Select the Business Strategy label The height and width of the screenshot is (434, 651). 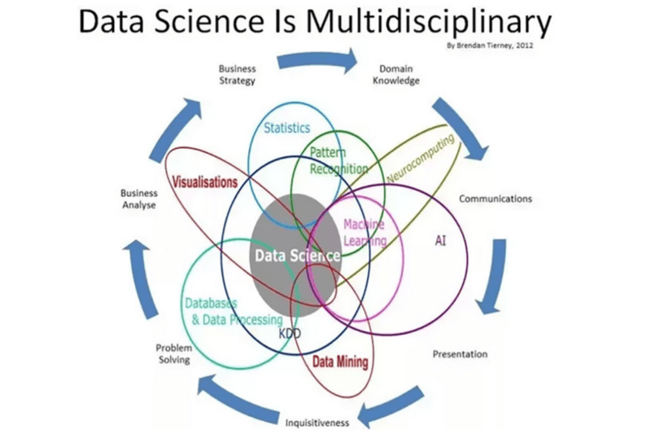click(238, 75)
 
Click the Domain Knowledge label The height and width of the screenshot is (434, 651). click(396, 75)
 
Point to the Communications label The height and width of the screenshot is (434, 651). click(496, 199)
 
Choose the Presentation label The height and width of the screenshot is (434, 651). click(460, 354)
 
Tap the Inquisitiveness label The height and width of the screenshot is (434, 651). click(317, 423)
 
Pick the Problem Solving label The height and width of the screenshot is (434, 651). click(173, 353)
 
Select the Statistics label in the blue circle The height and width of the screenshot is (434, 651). click(287, 128)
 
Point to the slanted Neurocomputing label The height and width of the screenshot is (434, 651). click(420, 160)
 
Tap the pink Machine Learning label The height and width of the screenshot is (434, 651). click(365, 232)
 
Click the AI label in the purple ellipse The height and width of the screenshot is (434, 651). click(440, 241)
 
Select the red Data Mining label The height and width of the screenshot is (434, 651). click(340, 362)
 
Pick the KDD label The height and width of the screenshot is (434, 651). click(290, 334)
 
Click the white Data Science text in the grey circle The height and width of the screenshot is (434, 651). click(297, 256)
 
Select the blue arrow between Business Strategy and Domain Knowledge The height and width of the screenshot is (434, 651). click(317, 59)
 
